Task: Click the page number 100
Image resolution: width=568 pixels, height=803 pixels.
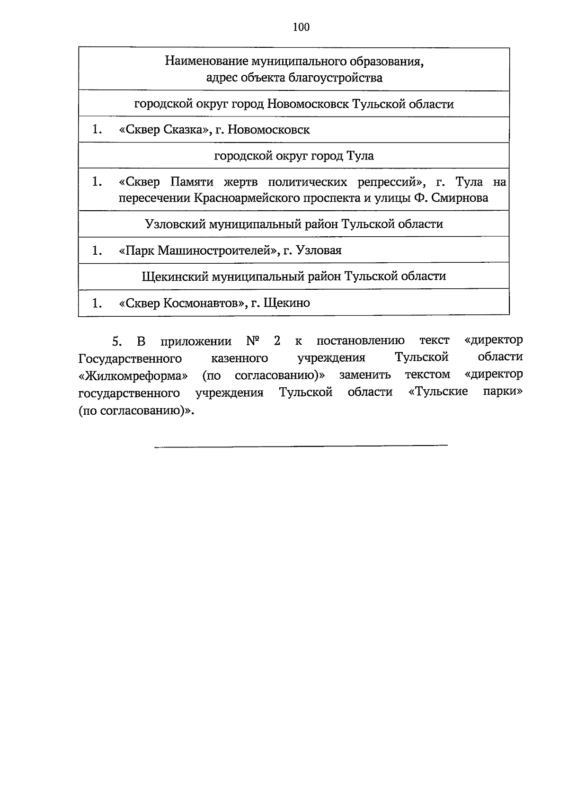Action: point(301,27)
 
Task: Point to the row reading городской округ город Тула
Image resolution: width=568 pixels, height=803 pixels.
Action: point(294,156)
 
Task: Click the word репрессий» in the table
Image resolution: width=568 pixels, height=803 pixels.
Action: point(393,182)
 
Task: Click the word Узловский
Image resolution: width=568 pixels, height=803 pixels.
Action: point(170,224)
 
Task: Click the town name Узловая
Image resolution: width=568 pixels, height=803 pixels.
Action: point(319,250)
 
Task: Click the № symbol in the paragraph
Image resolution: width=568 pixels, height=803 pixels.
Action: point(254,341)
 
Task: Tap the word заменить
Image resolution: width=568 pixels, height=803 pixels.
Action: point(365,375)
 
